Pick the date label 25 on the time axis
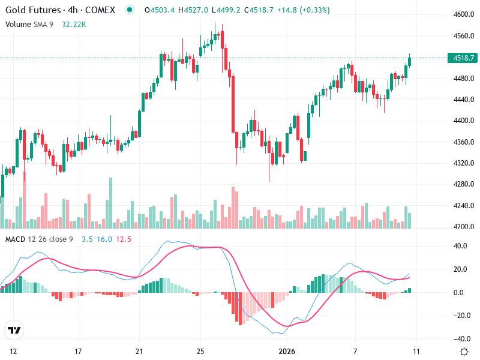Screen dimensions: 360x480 [201, 351]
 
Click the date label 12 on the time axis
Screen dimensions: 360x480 [14, 351]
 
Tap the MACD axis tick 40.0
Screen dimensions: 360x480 [460, 246]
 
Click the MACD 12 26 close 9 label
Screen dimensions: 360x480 [39, 239]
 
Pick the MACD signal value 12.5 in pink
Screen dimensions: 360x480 [124, 239]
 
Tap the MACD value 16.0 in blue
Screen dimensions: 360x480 [104, 239]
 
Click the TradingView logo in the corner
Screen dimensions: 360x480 [14, 330]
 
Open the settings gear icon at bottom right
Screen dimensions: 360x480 [463, 351]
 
